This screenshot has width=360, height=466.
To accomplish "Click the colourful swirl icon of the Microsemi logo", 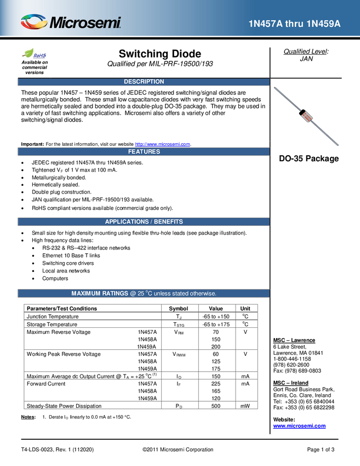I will pyautogui.click(x=34, y=22).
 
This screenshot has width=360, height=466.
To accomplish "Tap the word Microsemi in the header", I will pyautogui.click(x=85, y=23).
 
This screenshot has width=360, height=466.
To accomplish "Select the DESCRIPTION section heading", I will pyautogui.click(x=144, y=82).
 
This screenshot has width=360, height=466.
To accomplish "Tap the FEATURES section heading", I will pyautogui.click(x=144, y=152).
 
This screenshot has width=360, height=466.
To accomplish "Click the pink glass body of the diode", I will pyautogui.click(x=306, y=116).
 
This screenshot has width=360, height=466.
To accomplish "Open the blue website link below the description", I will pyautogui.click(x=163, y=144).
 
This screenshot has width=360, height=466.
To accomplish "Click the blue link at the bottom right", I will pyautogui.click(x=299, y=426).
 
